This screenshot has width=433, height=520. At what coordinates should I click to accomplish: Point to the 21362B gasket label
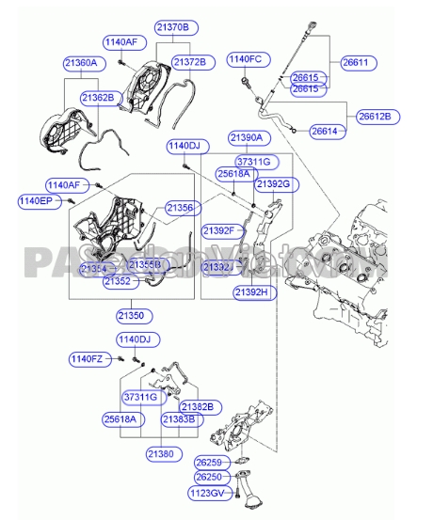coord(97,97)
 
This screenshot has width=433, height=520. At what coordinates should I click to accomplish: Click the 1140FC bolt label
coord(244,59)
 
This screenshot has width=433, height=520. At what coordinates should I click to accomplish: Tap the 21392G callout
coord(274,183)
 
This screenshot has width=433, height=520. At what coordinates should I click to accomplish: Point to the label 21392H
coord(252,292)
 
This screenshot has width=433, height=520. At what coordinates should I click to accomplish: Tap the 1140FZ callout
coord(90,358)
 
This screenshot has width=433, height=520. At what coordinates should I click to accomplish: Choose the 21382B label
coord(198,406)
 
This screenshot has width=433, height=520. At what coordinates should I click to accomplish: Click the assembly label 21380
coord(161,454)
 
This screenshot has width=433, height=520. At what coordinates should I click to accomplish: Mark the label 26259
coord(211,463)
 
